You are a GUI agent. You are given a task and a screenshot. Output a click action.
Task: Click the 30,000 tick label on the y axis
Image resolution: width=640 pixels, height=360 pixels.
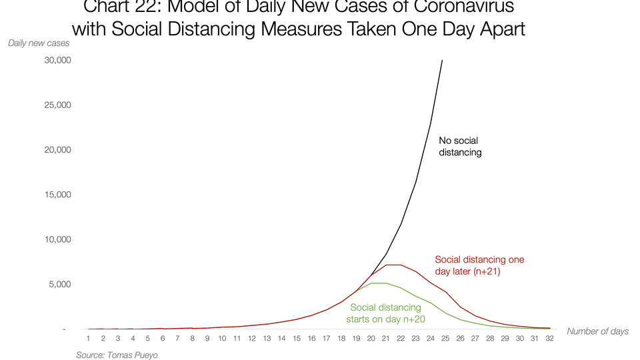tap(57, 60)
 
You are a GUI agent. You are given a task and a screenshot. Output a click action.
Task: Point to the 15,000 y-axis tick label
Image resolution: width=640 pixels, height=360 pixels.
tap(57, 195)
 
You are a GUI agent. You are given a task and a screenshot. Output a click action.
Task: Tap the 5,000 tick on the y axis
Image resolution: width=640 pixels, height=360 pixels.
tap(59, 284)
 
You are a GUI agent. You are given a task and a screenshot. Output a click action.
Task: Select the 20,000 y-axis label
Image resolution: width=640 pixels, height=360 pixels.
tap(57, 149)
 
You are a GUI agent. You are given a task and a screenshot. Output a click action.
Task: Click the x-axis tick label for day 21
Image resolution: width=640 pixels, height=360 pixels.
tap(385, 339)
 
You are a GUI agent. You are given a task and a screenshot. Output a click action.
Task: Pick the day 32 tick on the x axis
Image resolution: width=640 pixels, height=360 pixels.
tap(549, 339)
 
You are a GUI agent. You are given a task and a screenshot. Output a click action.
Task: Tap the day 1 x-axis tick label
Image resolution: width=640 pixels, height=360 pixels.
tap(88, 339)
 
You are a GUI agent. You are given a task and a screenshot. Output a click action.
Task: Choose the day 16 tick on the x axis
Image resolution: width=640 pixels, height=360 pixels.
tap(311, 339)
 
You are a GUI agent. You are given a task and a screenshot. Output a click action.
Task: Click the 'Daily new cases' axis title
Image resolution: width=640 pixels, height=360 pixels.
tap(39, 43)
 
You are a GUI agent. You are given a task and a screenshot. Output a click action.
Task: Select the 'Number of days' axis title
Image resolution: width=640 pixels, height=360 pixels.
tap(597, 331)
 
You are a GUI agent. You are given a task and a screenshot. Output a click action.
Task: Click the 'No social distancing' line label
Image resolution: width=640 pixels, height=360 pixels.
tap(460, 147)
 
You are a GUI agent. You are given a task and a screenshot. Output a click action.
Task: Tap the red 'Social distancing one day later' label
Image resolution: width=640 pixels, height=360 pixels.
tap(479, 265)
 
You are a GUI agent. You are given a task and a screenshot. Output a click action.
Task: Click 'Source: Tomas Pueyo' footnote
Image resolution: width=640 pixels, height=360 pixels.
tap(117, 355)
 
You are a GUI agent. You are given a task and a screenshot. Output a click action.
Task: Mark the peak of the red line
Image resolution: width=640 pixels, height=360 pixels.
tap(393, 265)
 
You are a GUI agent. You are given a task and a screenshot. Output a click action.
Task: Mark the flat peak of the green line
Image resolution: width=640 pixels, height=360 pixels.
tap(378, 283)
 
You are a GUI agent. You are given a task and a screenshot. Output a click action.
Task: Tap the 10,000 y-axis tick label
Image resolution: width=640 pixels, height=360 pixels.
tap(57, 239)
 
